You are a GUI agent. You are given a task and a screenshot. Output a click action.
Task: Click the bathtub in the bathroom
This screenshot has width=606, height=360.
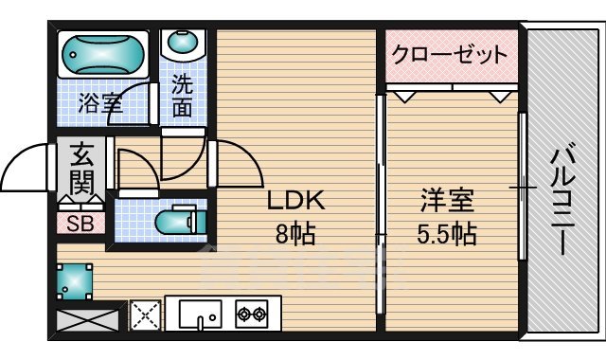102,55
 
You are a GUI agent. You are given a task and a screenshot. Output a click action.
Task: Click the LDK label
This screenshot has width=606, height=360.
295,201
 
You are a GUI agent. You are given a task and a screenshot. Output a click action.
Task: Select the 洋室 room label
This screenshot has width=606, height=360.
447,201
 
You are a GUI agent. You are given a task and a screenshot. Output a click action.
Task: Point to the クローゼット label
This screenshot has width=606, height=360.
450,54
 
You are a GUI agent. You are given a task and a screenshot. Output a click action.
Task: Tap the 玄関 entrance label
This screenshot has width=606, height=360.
81,169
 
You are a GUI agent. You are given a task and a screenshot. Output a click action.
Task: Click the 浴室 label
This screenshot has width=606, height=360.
99,103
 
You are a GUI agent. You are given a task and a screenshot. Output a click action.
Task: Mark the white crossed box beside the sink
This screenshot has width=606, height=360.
145,314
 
